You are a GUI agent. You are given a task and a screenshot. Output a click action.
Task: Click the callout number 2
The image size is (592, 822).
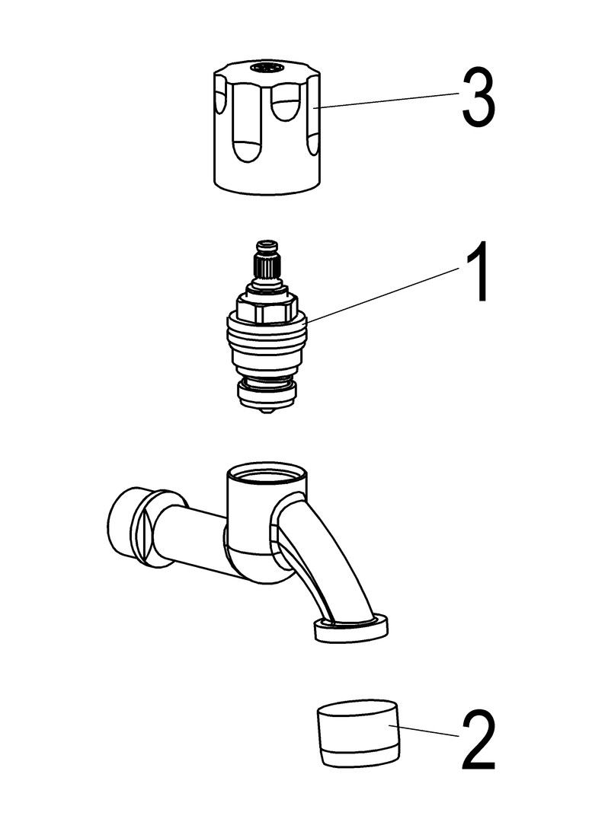coord(478,740)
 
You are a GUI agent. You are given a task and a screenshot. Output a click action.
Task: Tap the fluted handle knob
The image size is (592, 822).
coord(267,128)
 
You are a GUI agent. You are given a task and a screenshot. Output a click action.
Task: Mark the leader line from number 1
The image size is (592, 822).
coord(384,294)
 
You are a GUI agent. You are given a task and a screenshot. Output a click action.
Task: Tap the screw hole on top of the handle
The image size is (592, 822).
coord(267,67)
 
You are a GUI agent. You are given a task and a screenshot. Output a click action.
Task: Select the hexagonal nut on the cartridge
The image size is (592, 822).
coord(267,307)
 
